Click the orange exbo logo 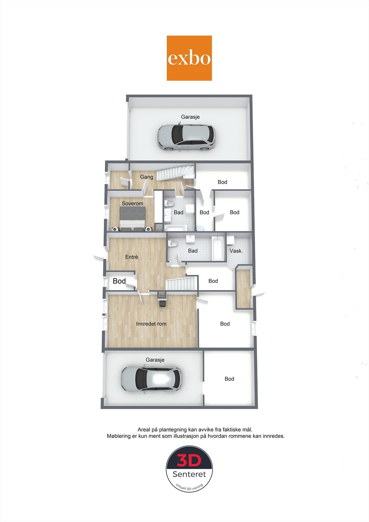(x=189, y=58)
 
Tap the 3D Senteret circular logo (x=189, y=468)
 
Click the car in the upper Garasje (x=187, y=137)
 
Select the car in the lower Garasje (x=151, y=379)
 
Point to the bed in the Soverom (x=132, y=218)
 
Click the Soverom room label (x=132, y=204)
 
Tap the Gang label (x=146, y=177)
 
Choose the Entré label (x=131, y=257)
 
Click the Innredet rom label (x=151, y=324)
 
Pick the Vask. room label (x=236, y=251)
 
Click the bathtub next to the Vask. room (x=218, y=249)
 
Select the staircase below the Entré (x=181, y=283)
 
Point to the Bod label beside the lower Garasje (x=229, y=379)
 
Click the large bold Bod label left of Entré (x=119, y=281)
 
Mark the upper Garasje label (x=190, y=117)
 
